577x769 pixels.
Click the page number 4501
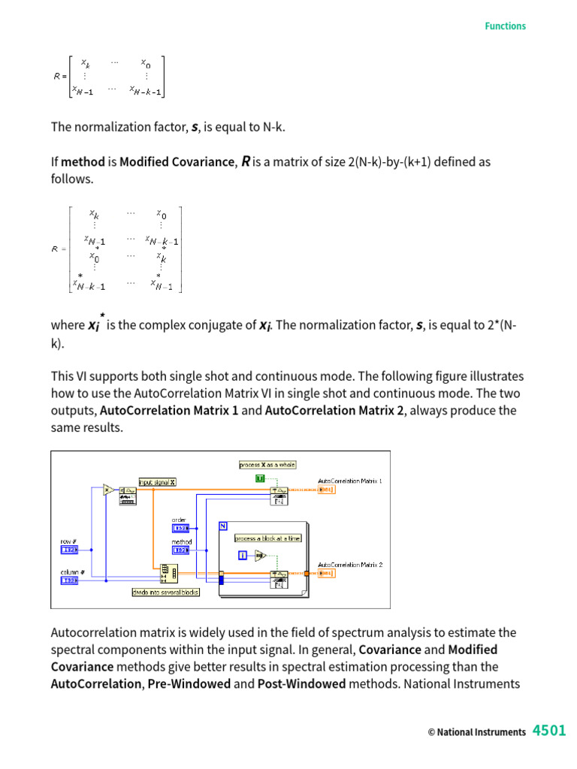click(x=549, y=731)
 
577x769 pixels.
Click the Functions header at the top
click(x=505, y=26)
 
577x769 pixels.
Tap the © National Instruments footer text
click(x=476, y=732)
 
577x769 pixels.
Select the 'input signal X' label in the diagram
click(x=157, y=482)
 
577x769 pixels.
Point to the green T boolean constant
click(x=260, y=478)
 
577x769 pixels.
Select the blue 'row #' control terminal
click(x=69, y=550)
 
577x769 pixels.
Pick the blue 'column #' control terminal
click(x=69, y=581)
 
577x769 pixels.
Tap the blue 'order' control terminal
click(x=181, y=528)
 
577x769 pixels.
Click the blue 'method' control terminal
click(x=181, y=550)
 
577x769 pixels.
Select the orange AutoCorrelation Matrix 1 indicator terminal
click(x=326, y=490)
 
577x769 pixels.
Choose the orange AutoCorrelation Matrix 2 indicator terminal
click(x=326, y=574)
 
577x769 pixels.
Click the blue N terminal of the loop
click(x=223, y=526)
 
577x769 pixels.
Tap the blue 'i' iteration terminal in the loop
click(x=243, y=555)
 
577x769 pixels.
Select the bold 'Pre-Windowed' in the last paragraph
click(x=189, y=684)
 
